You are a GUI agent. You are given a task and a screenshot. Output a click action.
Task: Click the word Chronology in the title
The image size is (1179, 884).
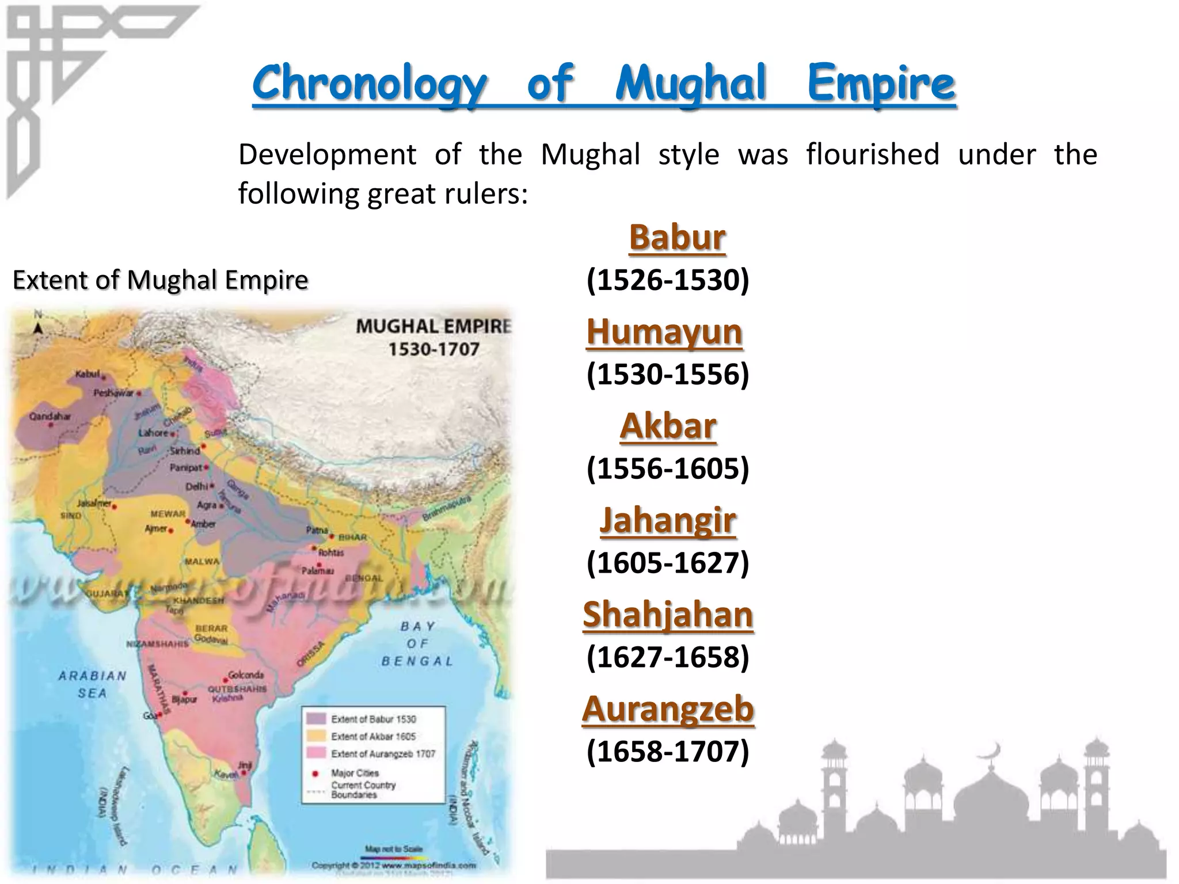[370, 84]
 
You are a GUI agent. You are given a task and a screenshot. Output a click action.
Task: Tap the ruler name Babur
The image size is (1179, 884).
[677, 238]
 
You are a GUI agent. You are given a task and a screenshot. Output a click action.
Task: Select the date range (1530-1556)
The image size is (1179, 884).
[668, 374]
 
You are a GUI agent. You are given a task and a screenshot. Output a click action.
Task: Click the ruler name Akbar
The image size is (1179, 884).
[668, 426]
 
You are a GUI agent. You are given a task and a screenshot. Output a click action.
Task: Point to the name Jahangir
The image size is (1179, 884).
[668, 521]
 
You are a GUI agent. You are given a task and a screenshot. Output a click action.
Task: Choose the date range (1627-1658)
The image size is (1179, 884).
[668, 657]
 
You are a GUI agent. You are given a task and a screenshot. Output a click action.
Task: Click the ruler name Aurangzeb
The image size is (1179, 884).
[668, 709]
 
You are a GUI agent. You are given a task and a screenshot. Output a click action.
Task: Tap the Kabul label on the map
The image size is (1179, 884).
[88, 375]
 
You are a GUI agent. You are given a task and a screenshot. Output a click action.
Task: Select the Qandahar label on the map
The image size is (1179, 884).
[50, 416]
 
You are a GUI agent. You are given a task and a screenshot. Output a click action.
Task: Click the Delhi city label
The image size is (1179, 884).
[196, 486]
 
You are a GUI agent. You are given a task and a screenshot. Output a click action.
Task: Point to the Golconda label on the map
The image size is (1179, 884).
[246, 675]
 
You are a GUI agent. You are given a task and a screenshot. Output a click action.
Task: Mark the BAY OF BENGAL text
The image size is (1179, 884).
[417, 643]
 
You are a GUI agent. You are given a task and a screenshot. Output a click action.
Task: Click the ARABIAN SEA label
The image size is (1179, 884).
[92, 684]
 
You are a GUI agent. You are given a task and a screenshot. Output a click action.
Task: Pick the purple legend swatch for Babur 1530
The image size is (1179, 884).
[316, 719]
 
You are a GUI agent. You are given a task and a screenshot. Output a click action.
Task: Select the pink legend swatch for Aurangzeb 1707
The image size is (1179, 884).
[316, 753]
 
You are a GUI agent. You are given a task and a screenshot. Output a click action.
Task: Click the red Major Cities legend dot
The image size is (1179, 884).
[315, 773]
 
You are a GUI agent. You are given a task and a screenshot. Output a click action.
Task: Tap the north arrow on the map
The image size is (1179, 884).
[38, 327]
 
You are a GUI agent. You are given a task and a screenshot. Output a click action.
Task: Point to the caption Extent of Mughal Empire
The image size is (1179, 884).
[160, 280]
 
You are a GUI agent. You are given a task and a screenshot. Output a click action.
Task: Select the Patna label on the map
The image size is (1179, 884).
[317, 530]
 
